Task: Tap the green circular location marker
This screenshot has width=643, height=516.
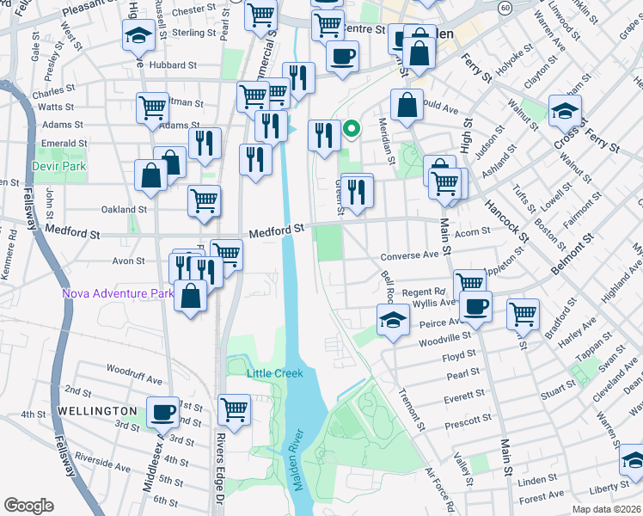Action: coord(351,130)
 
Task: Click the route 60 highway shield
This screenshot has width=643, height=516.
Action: coord(507,7)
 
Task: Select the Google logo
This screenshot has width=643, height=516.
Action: coord(28,506)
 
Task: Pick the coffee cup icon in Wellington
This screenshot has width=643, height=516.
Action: coord(162,411)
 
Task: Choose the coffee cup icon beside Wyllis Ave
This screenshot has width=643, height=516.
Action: coord(475,304)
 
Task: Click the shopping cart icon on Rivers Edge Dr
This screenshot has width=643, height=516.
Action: coord(234,408)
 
